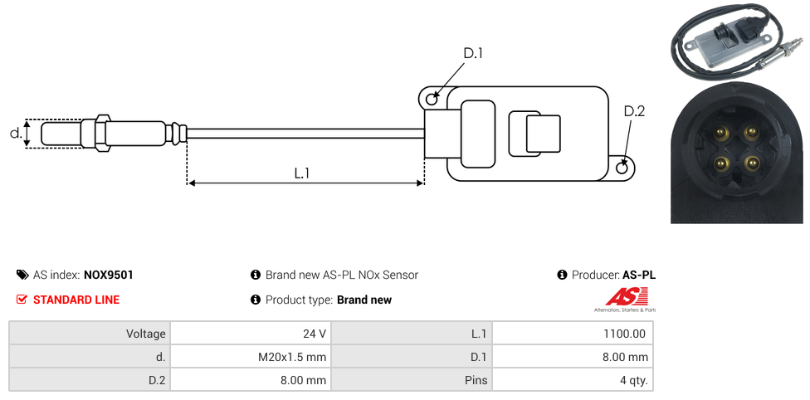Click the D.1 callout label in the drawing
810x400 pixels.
472,53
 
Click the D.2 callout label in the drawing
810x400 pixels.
634,112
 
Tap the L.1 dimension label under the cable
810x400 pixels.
302,173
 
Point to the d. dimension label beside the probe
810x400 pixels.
15,133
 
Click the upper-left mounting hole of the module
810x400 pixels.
432,100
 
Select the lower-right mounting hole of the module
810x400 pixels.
623,168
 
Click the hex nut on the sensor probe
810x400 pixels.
103,133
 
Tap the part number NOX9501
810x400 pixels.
109,275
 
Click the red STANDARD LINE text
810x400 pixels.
76,300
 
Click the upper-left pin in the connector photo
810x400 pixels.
721,131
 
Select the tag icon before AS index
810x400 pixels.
22,275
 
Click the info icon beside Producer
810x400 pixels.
562,275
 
